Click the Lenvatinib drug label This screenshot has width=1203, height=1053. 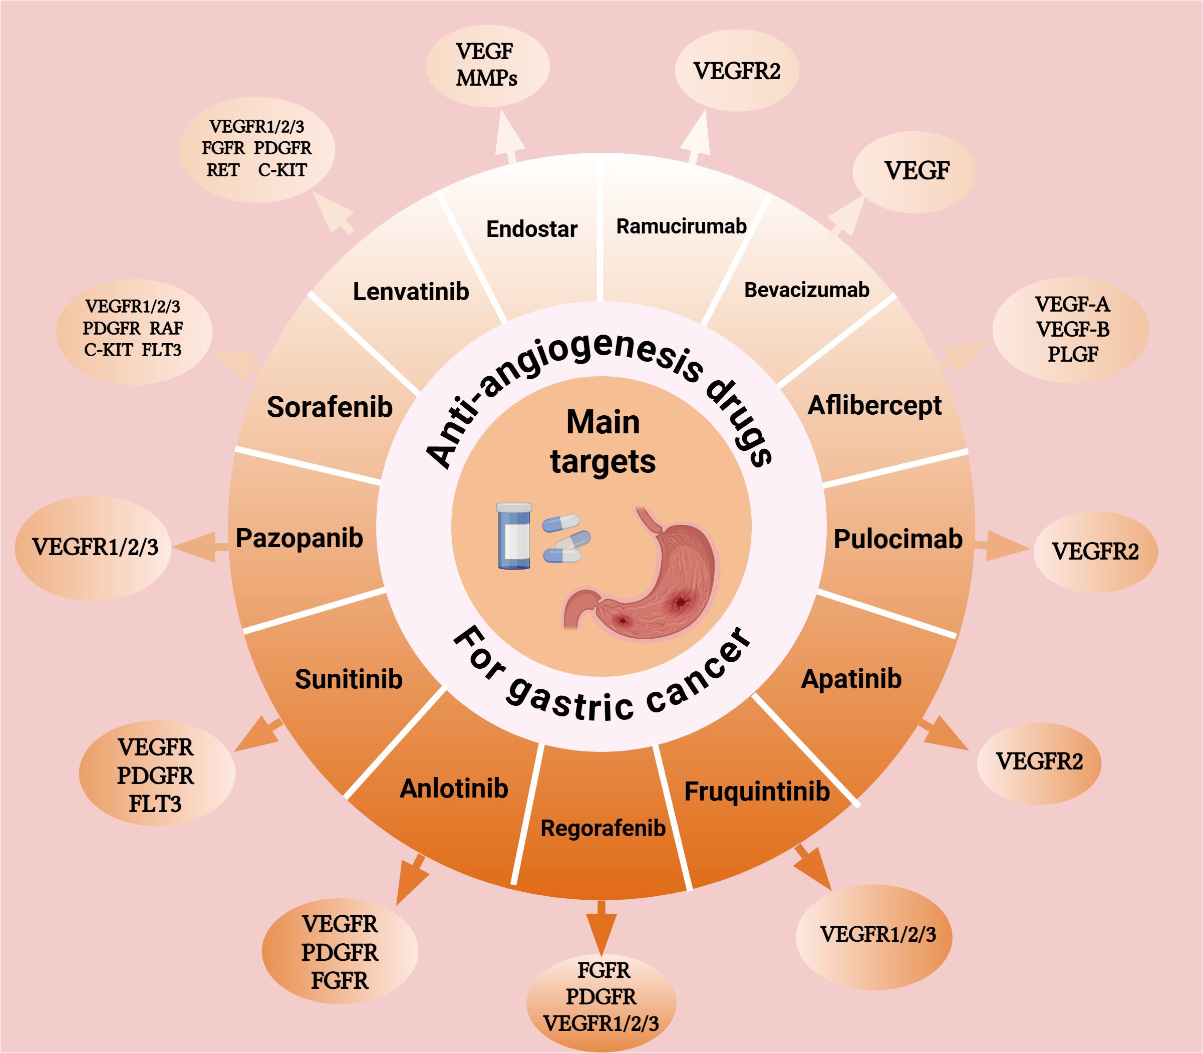pyautogui.click(x=411, y=292)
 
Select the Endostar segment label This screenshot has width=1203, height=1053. pyautogui.click(x=531, y=228)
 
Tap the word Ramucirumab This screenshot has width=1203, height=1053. pyautogui.click(x=681, y=226)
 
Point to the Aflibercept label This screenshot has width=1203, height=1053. pyautogui.click(x=874, y=405)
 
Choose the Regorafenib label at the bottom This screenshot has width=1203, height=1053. pyautogui.click(x=603, y=829)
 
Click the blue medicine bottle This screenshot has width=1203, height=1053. pyautogui.click(x=514, y=536)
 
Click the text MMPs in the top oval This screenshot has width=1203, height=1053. pyautogui.click(x=486, y=78)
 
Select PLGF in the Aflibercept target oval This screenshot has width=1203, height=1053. pyautogui.click(x=1073, y=354)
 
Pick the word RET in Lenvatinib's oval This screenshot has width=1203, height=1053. pyautogui.click(x=223, y=170)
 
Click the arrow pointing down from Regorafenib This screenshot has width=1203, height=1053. pyautogui.click(x=601, y=929)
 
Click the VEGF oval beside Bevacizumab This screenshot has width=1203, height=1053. pyautogui.click(x=915, y=171)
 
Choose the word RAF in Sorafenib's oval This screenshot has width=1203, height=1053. pyautogui.click(x=166, y=328)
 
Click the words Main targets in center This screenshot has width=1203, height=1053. pyautogui.click(x=603, y=442)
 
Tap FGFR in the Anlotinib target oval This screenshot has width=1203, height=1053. pyautogui.click(x=340, y=981)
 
